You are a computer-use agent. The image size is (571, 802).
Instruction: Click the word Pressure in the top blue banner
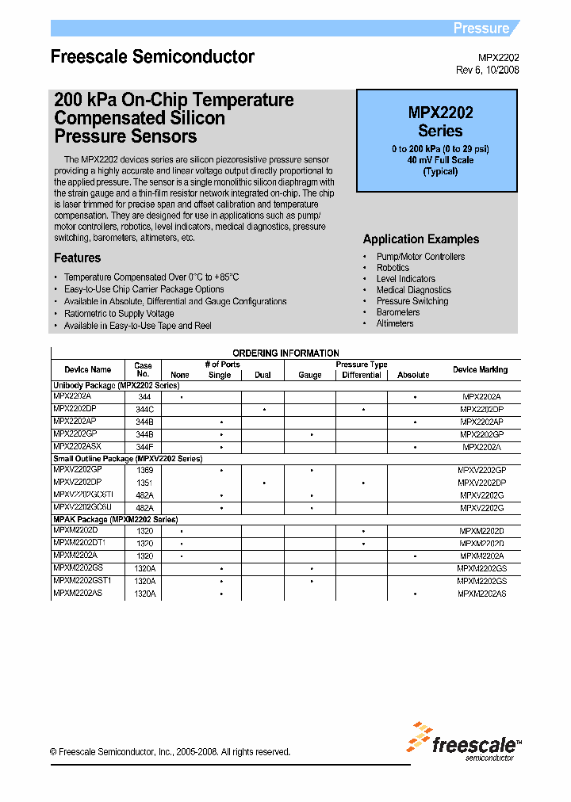(481, 29)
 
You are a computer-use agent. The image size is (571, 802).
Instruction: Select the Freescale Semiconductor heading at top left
(152, 57)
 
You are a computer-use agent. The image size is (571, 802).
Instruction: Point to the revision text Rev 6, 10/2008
(488, 70)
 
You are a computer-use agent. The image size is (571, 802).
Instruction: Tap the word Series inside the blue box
(440, 131)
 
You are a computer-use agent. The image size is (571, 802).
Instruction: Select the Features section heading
(77, 258)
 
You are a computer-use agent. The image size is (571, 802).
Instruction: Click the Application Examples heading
(420, 239)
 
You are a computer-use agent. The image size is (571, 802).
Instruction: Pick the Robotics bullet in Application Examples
(393, 268)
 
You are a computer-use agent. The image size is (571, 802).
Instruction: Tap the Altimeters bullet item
(395, 323)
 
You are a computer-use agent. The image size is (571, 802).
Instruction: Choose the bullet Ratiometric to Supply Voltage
(119, 314)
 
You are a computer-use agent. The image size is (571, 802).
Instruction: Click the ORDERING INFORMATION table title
(285, 353)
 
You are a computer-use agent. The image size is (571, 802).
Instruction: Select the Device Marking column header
(480, 369)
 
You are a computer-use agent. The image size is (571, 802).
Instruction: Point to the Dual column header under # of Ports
(263, 375)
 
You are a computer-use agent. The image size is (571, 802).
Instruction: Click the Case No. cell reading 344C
(144, 409)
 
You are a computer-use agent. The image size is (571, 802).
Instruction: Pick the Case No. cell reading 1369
(144, 470)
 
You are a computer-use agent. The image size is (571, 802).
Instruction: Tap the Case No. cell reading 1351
(144, 483)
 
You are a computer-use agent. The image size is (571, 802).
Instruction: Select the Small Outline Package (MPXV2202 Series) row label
(127, 459)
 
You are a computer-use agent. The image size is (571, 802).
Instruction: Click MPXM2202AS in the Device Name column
(78, 594)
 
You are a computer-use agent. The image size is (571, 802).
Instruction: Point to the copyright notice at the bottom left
(170, 752)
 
